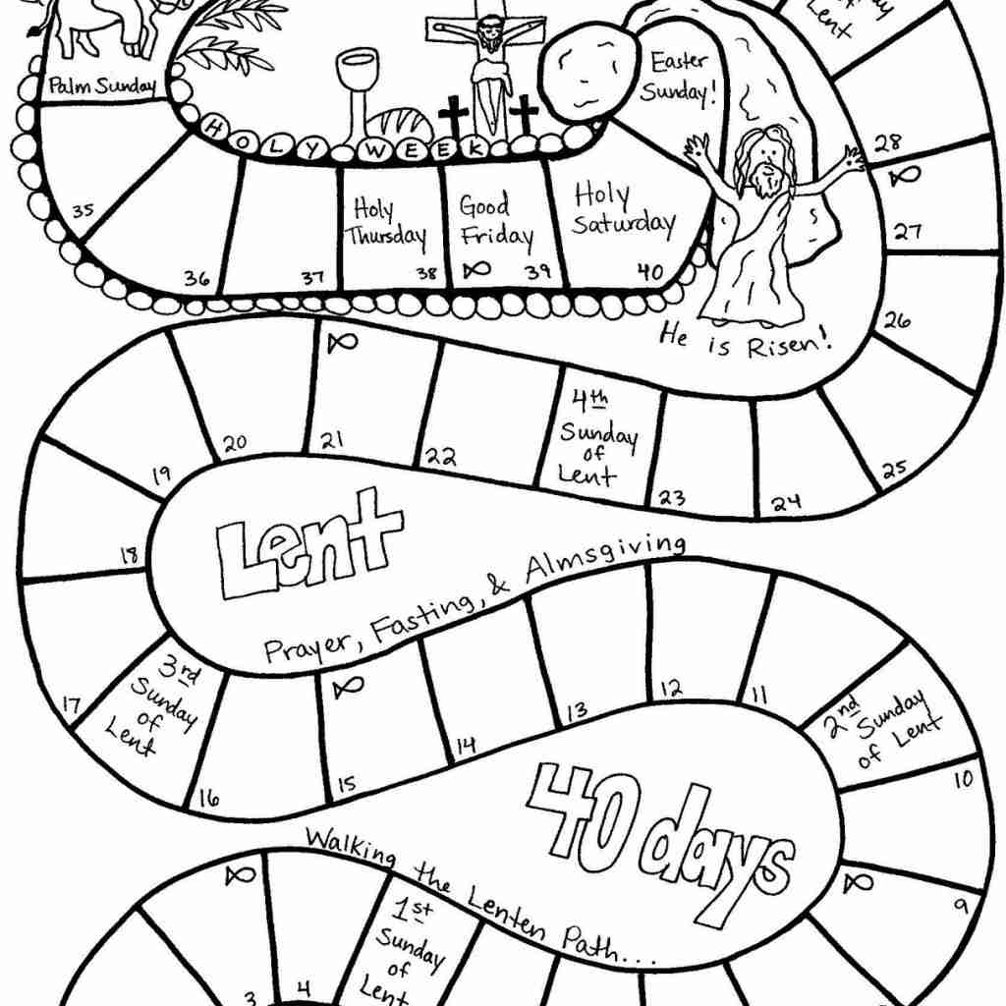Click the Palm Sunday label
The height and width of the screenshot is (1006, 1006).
[102, 87]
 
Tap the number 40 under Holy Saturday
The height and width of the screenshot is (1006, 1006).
[649, 272]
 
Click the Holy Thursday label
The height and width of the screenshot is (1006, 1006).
[384, 224]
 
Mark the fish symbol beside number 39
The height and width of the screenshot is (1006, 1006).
[476, 268]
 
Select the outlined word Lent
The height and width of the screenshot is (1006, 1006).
[308, 545]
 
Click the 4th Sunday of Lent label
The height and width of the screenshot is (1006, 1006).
[598, 437]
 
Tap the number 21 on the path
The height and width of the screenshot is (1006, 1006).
[331, 440]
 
